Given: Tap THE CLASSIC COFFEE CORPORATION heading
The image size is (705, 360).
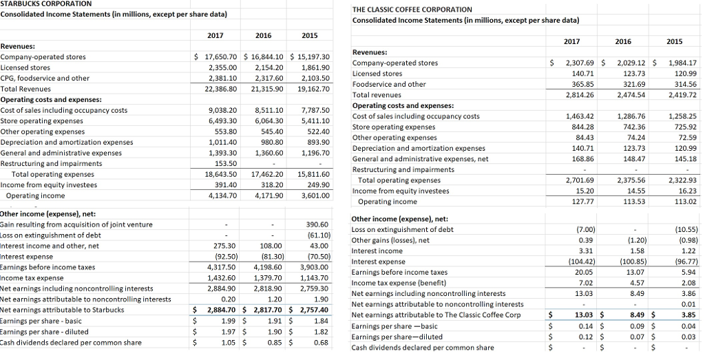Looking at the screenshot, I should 412,9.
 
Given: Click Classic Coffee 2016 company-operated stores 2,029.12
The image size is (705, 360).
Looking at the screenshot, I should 633,63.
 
